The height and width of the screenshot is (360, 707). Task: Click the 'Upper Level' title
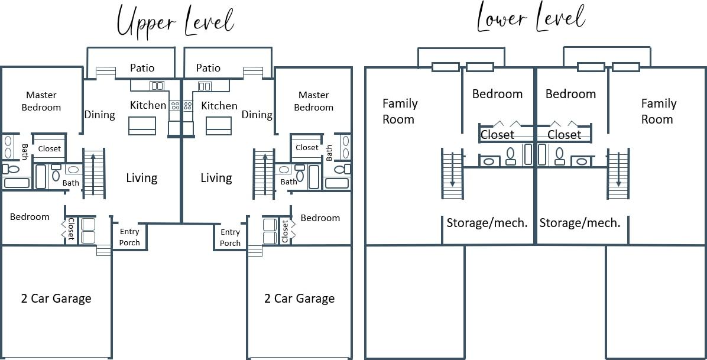(175, 21)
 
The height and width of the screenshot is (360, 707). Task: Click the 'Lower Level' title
(530, 19)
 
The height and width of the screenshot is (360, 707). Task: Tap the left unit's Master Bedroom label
(41, 101)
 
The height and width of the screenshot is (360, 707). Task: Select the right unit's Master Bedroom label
(313, 101)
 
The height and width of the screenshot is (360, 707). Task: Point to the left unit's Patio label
(142, 68)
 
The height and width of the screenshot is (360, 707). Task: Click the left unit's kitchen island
(142, 125)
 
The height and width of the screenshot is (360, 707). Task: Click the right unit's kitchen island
(219, 125)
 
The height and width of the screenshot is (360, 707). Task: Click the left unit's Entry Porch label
(129, 237)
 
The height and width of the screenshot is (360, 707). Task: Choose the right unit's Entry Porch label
(230, 238)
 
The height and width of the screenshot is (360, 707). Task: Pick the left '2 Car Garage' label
(56, 299)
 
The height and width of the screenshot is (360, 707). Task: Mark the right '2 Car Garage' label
(299, 299)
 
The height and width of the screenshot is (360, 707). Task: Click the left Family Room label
(400, 111)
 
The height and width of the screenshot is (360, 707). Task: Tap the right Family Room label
(658, 111)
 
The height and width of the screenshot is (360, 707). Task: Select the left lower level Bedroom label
(497, 94)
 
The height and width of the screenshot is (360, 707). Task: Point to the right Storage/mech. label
(579, 223)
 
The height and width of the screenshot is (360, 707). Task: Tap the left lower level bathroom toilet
(510, 156)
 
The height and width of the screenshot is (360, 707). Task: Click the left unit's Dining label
(99, 115)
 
